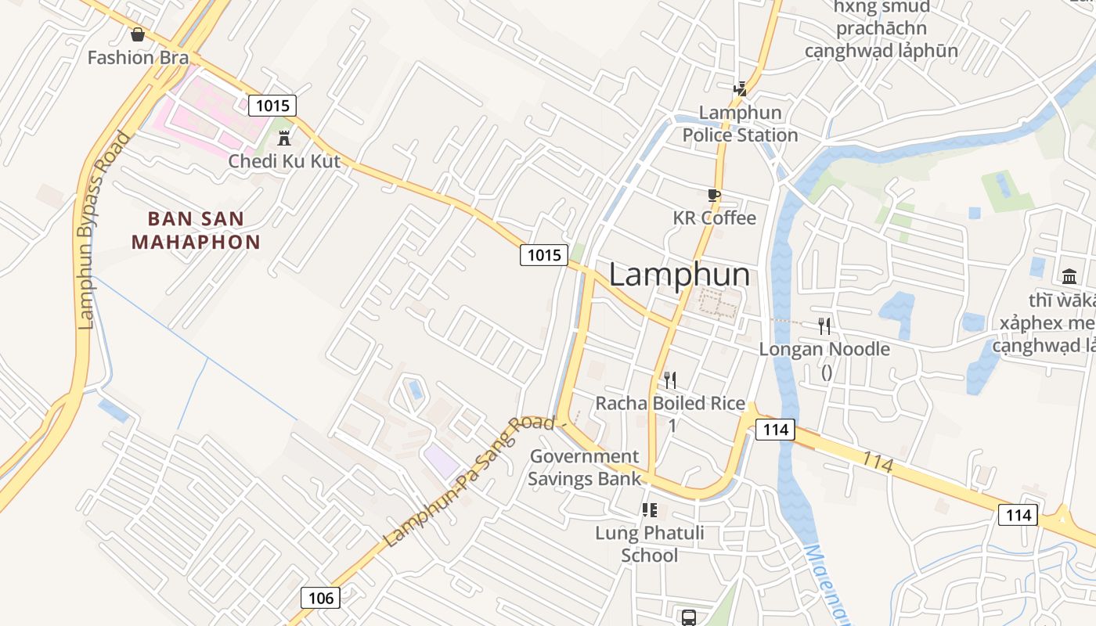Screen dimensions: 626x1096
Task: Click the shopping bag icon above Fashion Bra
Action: [x=138, y=34]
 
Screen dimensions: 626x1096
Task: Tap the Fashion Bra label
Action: [x=138, y=57]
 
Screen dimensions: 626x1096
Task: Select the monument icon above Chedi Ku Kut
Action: [x=284, y=139]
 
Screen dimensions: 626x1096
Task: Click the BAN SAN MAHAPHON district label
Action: [x=196, y=230]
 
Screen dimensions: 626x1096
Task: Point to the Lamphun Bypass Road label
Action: [x=104, y=231]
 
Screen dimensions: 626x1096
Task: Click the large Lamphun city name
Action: [x=679, y=275]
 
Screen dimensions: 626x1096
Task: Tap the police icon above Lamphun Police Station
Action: [x=740, y=89]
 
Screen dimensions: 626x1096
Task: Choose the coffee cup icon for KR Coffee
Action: [x=713, y=195]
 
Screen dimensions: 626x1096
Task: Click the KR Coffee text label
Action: [x=714, y=218]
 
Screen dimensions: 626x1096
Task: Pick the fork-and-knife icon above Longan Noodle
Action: [x=824, y=326]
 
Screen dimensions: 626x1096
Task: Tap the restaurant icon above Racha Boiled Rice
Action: [x=670, y=380]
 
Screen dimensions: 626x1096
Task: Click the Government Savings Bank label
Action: [x=584, y=467]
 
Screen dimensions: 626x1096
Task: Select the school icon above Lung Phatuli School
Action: [x=649, y=510]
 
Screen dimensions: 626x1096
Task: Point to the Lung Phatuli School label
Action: [x=649, y=544]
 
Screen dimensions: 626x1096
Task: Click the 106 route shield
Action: [x=321, y=599]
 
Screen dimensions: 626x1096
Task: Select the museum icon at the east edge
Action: [x=1069, y=276]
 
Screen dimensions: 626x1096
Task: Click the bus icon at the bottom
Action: [x=688, y=617]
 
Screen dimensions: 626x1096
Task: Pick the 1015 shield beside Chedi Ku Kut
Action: [x=272, y=106]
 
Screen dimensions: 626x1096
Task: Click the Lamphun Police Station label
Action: [x=740, y=124]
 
